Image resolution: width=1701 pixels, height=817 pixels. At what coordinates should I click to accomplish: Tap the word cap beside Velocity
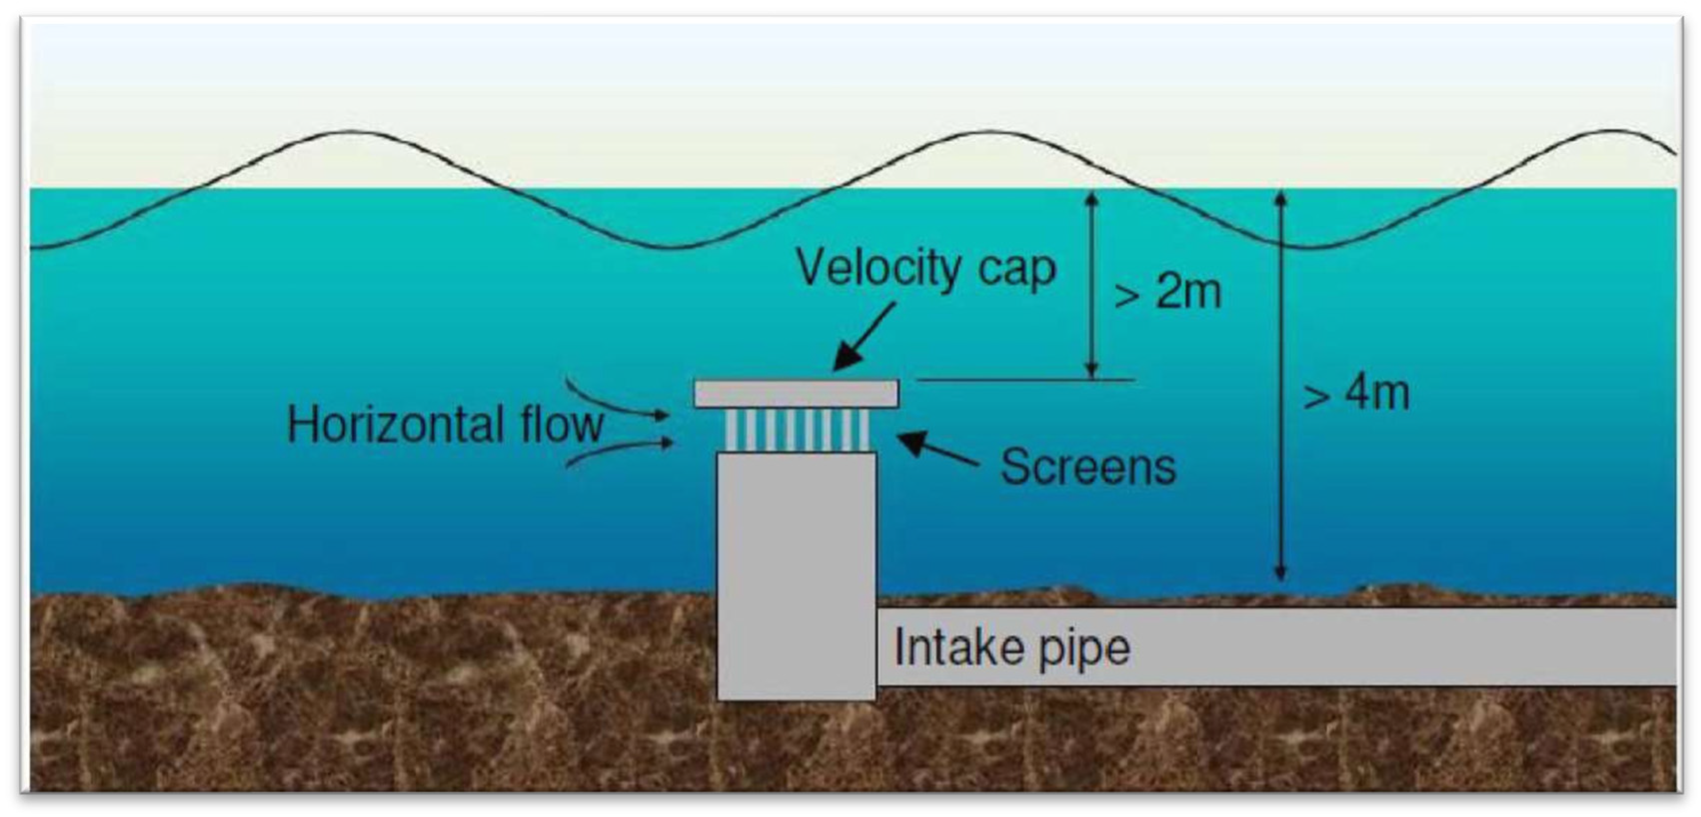coord(1017,269)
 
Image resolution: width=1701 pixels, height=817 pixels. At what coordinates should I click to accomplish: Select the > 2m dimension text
coord(1167,291)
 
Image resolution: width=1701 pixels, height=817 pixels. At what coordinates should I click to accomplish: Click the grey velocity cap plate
coord(796,394)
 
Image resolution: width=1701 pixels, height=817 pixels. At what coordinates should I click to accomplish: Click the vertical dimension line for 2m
coord(1091,284)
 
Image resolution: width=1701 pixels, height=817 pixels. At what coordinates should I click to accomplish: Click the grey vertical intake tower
coord(796,575)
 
